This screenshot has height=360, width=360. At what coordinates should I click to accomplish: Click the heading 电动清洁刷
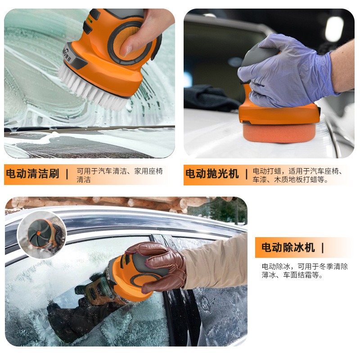click(x=32, y=174)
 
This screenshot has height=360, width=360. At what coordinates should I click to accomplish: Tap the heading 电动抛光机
click(x=212, y=174)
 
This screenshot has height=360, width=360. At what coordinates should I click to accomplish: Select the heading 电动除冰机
click(x=288, y=247)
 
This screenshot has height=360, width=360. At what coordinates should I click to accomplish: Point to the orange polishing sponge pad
click(x=279, y=133)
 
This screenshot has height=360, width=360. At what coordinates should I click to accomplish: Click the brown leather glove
click(x=157, y=265)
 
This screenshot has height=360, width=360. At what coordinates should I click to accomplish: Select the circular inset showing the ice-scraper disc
click(x=42, y=234)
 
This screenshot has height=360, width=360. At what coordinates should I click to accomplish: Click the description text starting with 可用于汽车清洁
click(x=119, y=175)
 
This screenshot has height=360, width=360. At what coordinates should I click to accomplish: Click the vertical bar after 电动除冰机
click(x=323, y=247)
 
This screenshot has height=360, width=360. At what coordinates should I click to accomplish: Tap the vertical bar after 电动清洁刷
click(x=67, y=174)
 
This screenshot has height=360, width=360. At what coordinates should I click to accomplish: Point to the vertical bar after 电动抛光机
click(x=247, y=174)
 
